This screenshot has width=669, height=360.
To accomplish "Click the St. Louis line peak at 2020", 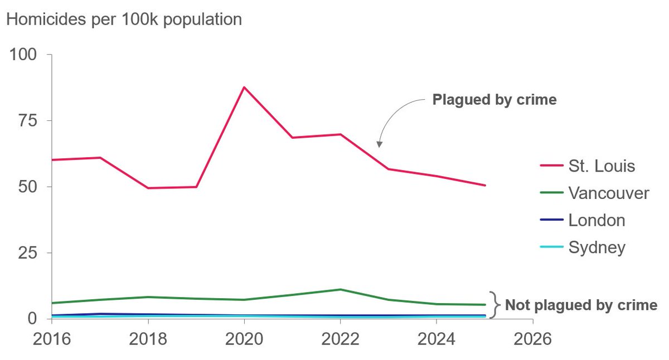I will click(x=244, y=87).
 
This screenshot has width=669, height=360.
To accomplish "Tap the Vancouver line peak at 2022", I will click(x=340, y=289).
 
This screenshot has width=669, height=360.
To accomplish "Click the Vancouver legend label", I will click(x=609, y=193).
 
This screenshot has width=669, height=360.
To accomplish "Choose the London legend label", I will click(x=597, y=220).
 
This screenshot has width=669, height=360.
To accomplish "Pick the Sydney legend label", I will click(x=597, y=247).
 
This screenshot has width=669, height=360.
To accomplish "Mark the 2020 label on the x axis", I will click(x=244, y=339).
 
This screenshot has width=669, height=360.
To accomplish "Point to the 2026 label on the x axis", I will click(x=532, y=339).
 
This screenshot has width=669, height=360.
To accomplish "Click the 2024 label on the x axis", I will click(x=437, y=339).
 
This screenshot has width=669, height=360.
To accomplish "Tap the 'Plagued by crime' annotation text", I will click(x=495, y=100).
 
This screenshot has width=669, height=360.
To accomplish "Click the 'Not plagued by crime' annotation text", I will click(x=581, y=305).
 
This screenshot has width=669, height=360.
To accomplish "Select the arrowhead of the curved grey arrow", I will click(x=379, y=144).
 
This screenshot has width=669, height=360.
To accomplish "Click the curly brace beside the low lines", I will click(x=493, y=305).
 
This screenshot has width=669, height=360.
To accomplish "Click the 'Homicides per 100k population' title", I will click(x=124, y=20).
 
